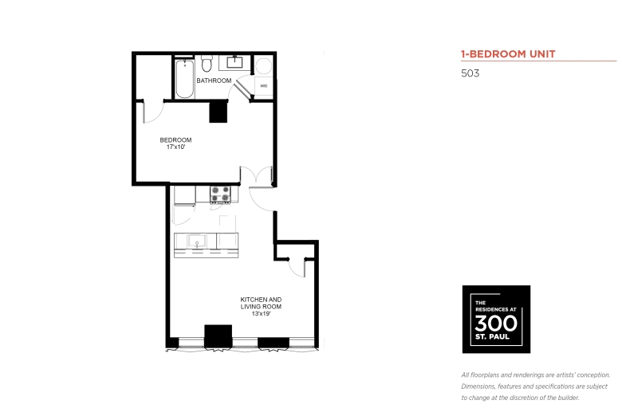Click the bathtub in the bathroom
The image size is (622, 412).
[184, 79]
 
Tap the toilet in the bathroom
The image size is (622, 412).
[207, 64]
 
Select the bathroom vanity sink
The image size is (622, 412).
[234, 62]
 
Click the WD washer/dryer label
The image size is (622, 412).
[263, 85]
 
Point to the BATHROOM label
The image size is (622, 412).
[214, 80]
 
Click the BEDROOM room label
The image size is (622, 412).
[175, 140]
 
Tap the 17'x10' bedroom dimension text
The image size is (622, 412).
[175, 147]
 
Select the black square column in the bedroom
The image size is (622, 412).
[218, 112]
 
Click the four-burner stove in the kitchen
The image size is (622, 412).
[220, 194]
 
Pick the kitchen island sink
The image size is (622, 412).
[197, 241]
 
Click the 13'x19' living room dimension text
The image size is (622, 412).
[261, 314]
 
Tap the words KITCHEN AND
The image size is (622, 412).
[261, 300]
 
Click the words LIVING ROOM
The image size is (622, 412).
[261, 307]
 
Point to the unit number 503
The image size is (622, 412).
[470, 73]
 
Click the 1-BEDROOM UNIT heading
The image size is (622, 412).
[508, 54]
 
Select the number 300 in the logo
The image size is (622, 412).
[496, 324]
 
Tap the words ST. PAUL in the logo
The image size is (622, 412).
[492, 337]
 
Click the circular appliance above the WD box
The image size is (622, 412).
[263, 66]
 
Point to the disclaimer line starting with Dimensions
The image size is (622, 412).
[534, 386]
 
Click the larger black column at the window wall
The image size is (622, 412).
[218, 336]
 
